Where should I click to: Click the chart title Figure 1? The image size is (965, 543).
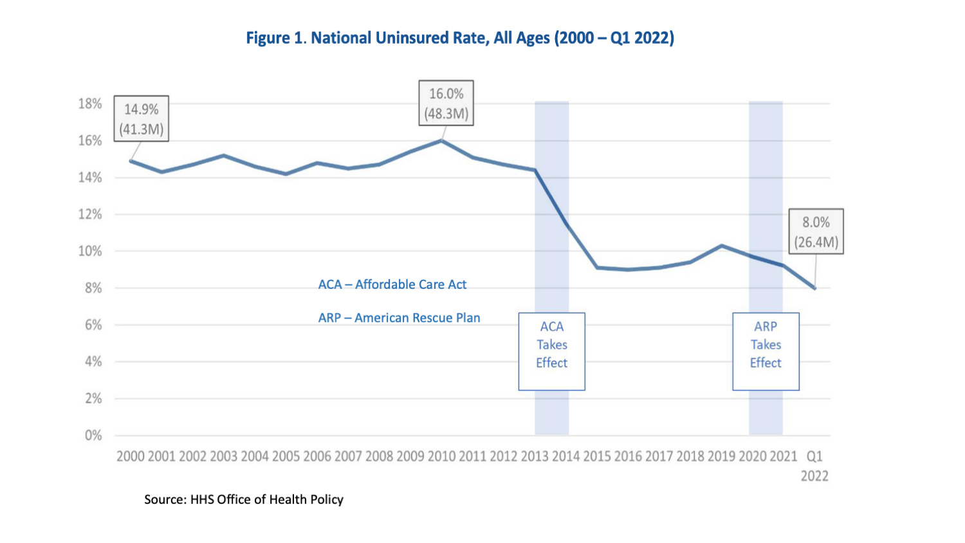pyautogui.click(x=460, y=38)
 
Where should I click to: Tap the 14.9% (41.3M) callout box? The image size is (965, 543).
pyautogui.click(x=142, y=119)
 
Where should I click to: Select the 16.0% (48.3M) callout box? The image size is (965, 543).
pyautogui.click(x=446, y=103)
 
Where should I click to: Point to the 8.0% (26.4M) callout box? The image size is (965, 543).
pyautogui.click(x=816, y=232)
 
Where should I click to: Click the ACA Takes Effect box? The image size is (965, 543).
pyautogui.click(x=552, y=351)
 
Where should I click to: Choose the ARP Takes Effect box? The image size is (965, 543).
pyautogui.click(x=766, y=351)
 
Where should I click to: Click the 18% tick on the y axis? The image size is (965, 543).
pyautogui.click(x=90, y=104)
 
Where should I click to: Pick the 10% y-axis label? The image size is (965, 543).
pyautogui.click(x=90, y=251)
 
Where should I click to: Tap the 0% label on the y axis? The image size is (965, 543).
pyautogui.click(x=93, y=436)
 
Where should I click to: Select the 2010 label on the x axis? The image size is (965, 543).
pyautogui.click(x=441, y=456)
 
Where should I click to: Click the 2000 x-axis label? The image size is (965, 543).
pyautogui.click(x=131, y=456)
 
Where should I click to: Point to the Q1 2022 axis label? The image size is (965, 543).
pyautogui.click(x=814, y=466)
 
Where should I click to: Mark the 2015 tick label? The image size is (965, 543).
pyautogui.click(x=597, y=456)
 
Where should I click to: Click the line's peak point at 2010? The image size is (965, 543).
pyautogui.click(x=441, y=140)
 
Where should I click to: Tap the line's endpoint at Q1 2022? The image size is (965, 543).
pyautogui.click(x=814, y=288)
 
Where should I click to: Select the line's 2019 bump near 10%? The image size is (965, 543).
pyautogui.click(x=722, y=246)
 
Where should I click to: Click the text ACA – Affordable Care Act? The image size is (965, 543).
pyautogui.click(x=392, y=284)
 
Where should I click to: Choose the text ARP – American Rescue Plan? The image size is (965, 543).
pyautogui.click(x=399, y=318)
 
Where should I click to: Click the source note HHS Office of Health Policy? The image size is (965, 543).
pyautogui.click(x=244, y=499)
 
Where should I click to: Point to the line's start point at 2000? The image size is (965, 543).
pyautogui.click(x=131, y=161)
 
